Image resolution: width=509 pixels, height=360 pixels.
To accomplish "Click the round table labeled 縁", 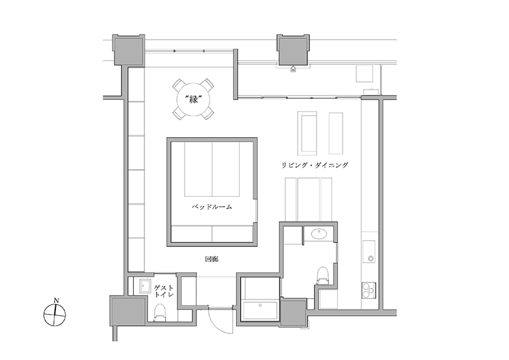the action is (193, 99).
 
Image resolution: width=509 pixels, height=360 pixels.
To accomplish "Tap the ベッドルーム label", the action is (212, 207).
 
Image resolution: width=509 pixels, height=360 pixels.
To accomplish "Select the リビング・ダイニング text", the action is (315, 165).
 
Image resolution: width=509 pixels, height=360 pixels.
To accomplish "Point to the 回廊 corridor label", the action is (212, 259).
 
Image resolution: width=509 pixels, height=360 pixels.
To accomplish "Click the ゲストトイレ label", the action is (164, 291).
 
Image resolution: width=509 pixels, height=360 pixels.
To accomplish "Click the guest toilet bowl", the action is (160, 313).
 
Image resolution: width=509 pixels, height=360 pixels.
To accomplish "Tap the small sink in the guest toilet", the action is (145, 287).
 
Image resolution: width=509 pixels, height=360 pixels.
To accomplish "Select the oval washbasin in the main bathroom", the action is (319, 233).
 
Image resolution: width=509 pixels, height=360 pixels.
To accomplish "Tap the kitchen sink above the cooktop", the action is (369, 251).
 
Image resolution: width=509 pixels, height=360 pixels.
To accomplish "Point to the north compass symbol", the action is (55, 315).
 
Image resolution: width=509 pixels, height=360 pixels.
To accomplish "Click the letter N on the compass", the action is (56, 300).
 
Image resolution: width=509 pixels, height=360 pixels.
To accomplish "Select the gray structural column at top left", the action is (128, 49).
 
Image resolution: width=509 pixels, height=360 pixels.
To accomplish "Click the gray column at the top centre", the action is (293, 49).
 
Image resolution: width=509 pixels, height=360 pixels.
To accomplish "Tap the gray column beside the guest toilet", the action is (127, 311).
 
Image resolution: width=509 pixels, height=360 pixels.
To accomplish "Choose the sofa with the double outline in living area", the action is (307, 133).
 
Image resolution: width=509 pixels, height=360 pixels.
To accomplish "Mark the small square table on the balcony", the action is (365, 73).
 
